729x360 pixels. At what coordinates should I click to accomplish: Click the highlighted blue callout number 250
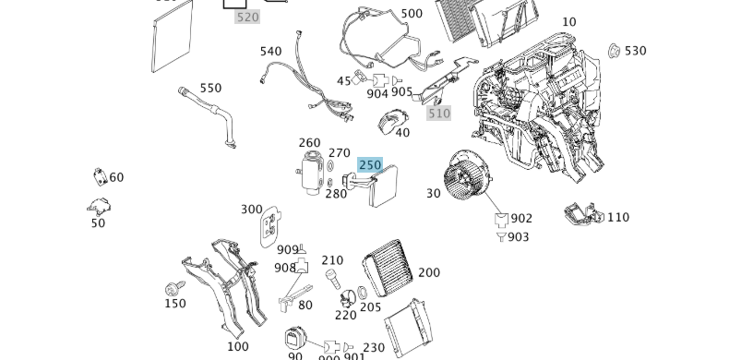pos(369,164)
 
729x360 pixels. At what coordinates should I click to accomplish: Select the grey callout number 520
pos(247,17)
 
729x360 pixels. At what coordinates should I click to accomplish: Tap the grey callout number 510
pos(438,114)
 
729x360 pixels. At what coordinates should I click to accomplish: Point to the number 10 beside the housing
pos(568,22)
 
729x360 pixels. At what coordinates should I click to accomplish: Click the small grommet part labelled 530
pos(614,50)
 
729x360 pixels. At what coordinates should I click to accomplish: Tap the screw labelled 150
pos(172,289)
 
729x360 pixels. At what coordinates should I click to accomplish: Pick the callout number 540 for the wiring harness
pos(270,51)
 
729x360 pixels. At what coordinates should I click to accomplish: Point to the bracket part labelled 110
pos(583,215)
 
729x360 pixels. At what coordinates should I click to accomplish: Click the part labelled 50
pos(99,208)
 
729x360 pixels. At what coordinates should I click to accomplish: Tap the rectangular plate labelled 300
pos(270,225)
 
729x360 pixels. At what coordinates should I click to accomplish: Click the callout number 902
pos(521,219)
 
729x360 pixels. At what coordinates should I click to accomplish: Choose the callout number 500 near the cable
pos(412,14)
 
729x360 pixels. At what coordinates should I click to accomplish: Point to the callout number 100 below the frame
pos(237,346)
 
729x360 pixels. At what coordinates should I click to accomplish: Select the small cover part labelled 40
pos(394,120)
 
